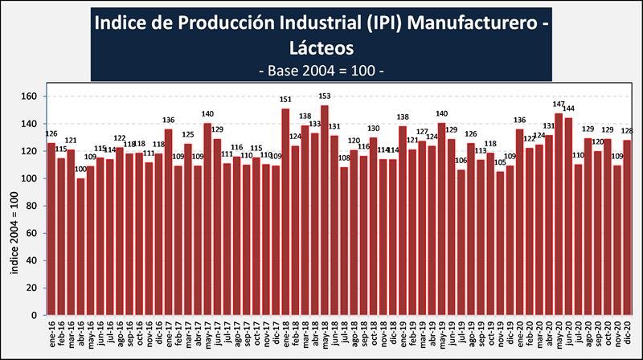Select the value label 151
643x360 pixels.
[285, 100]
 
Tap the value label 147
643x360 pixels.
[559, 105]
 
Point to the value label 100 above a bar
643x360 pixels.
[80, 170]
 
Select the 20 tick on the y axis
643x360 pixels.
[31, 287]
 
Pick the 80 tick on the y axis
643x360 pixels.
[31, 206]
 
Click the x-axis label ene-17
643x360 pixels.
[167, 331]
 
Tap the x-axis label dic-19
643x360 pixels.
[509, 331]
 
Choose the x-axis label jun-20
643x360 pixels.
[567, 331]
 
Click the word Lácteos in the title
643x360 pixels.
[321, 48]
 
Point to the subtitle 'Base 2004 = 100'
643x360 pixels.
[321, 71]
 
